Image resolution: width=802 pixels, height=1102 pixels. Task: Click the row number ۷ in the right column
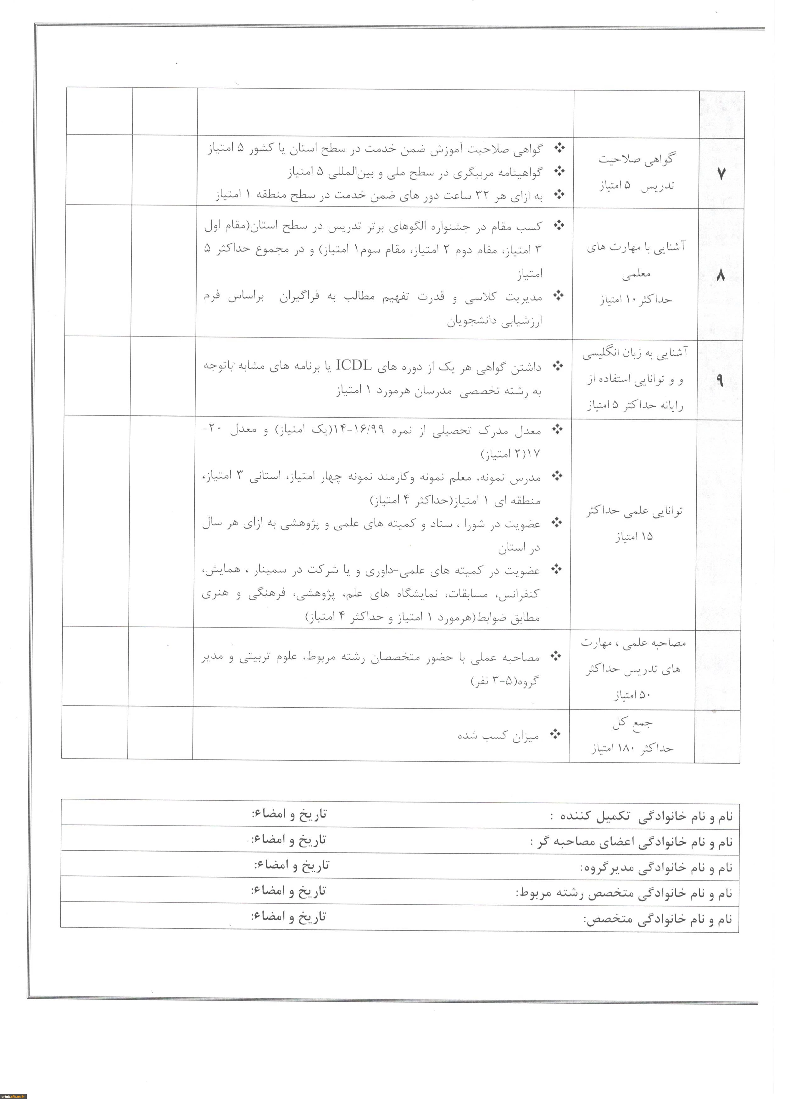721,174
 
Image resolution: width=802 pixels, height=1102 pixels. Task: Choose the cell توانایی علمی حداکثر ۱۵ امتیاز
634,523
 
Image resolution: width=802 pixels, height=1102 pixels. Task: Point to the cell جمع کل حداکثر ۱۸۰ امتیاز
632,736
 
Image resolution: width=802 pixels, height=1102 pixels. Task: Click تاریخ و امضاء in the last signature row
288,916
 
